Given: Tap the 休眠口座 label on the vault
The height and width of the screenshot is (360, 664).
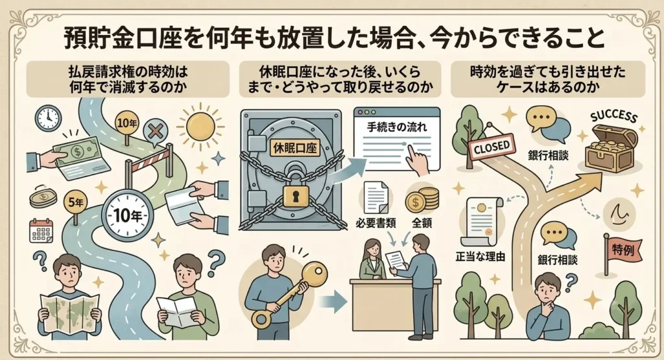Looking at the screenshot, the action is tap(296, 148).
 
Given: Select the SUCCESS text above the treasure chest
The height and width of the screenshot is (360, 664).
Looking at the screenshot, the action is tap(613, 117).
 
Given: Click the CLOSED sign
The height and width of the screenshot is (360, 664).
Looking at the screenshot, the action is tap(492, 147).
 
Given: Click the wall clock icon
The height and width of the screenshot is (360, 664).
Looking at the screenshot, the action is tap(48, 118).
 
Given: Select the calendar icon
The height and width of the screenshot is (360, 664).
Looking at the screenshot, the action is tap(41, 231).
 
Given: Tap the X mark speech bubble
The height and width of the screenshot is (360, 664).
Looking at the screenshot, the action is tap(156, 132).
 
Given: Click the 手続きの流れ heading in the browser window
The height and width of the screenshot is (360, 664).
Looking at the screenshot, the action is tap(397, 127).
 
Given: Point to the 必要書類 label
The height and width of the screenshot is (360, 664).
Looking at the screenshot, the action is tap(375, 223).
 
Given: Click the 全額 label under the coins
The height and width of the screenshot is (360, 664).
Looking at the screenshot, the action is tap(421, 222).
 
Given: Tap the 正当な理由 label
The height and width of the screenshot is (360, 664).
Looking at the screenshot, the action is tap(480, 256).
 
